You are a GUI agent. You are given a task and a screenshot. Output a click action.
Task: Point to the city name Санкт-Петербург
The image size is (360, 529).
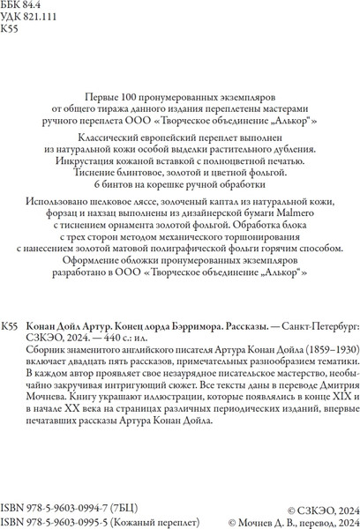click(306, 327)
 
